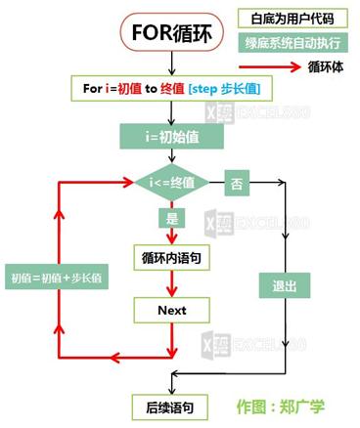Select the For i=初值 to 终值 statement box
pos(172,89)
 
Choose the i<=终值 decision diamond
pos(172,181)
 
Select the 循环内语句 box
pos(172,257)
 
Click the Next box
pos(172,310)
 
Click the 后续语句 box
pos(172,405)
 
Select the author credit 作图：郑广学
pos(281,405)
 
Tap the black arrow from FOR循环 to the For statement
pos(172,64)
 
